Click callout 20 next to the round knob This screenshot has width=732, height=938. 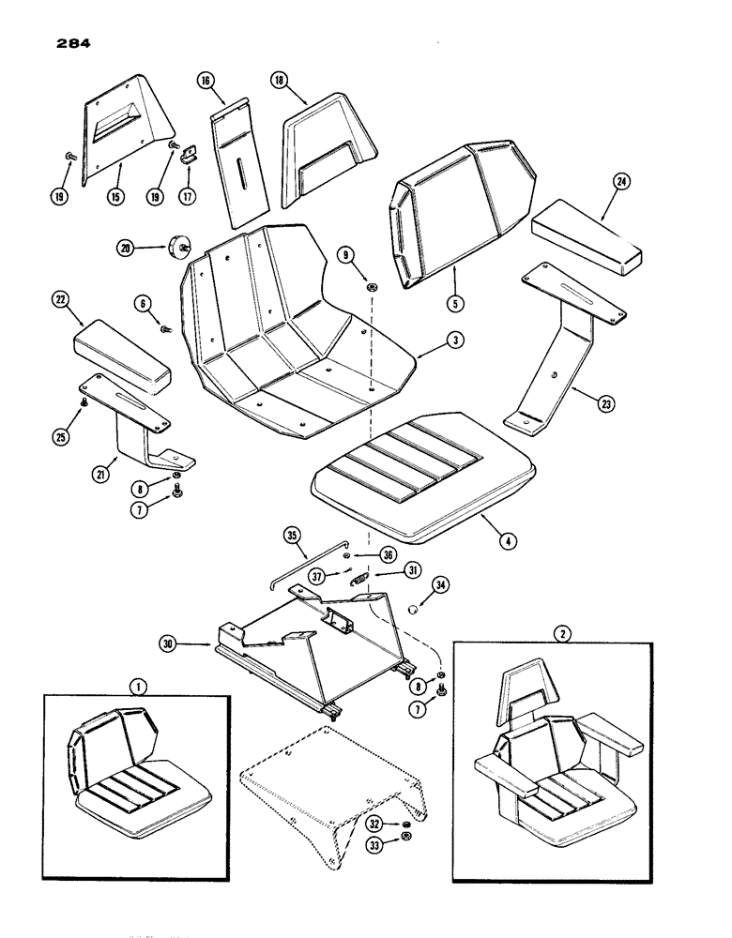point(125,249)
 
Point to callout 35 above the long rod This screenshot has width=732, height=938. point(292,537)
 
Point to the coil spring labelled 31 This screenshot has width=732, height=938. point(358,581)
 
